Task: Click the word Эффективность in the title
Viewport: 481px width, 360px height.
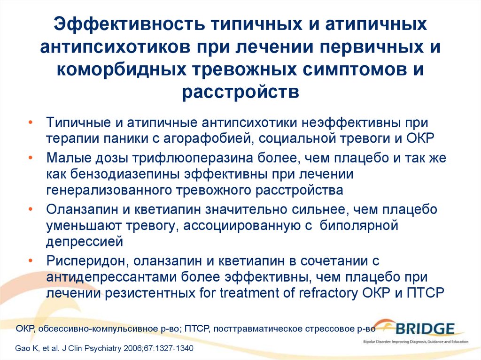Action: (129, 24)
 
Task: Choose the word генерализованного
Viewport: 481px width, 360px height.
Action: (109, 191)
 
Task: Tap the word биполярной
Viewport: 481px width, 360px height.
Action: (359, 226)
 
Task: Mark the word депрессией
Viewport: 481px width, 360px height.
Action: (85, 242)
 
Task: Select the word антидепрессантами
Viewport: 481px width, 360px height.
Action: (111, 277)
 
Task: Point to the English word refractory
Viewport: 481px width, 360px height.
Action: (328, 293)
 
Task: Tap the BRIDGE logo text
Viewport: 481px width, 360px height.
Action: (425, 329)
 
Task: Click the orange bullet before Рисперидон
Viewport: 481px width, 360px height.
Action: (31, 261)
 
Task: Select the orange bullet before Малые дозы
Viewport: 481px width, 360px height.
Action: (31, 158)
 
